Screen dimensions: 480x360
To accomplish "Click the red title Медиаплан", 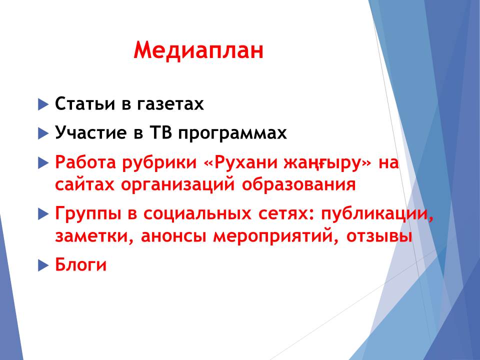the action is (198, 50).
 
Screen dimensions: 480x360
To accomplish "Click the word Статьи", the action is (85, 103).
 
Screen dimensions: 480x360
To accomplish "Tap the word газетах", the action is (170, 104).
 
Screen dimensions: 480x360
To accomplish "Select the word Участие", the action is (90, 132).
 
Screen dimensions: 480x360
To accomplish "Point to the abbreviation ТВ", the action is (160, 132).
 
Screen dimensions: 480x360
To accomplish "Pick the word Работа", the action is (85, 162).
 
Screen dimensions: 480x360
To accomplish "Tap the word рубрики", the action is (159, 163).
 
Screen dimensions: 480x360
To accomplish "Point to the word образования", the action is (299, 185).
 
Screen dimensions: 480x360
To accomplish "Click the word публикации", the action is (377, 214).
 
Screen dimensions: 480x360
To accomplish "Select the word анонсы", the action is (173, 236).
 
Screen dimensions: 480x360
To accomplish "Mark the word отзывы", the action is (379, 236).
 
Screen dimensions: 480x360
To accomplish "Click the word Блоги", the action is (81, 264).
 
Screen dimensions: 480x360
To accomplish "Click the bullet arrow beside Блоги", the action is (43, 265).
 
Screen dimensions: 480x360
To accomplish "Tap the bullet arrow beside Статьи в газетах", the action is (43, 104).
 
